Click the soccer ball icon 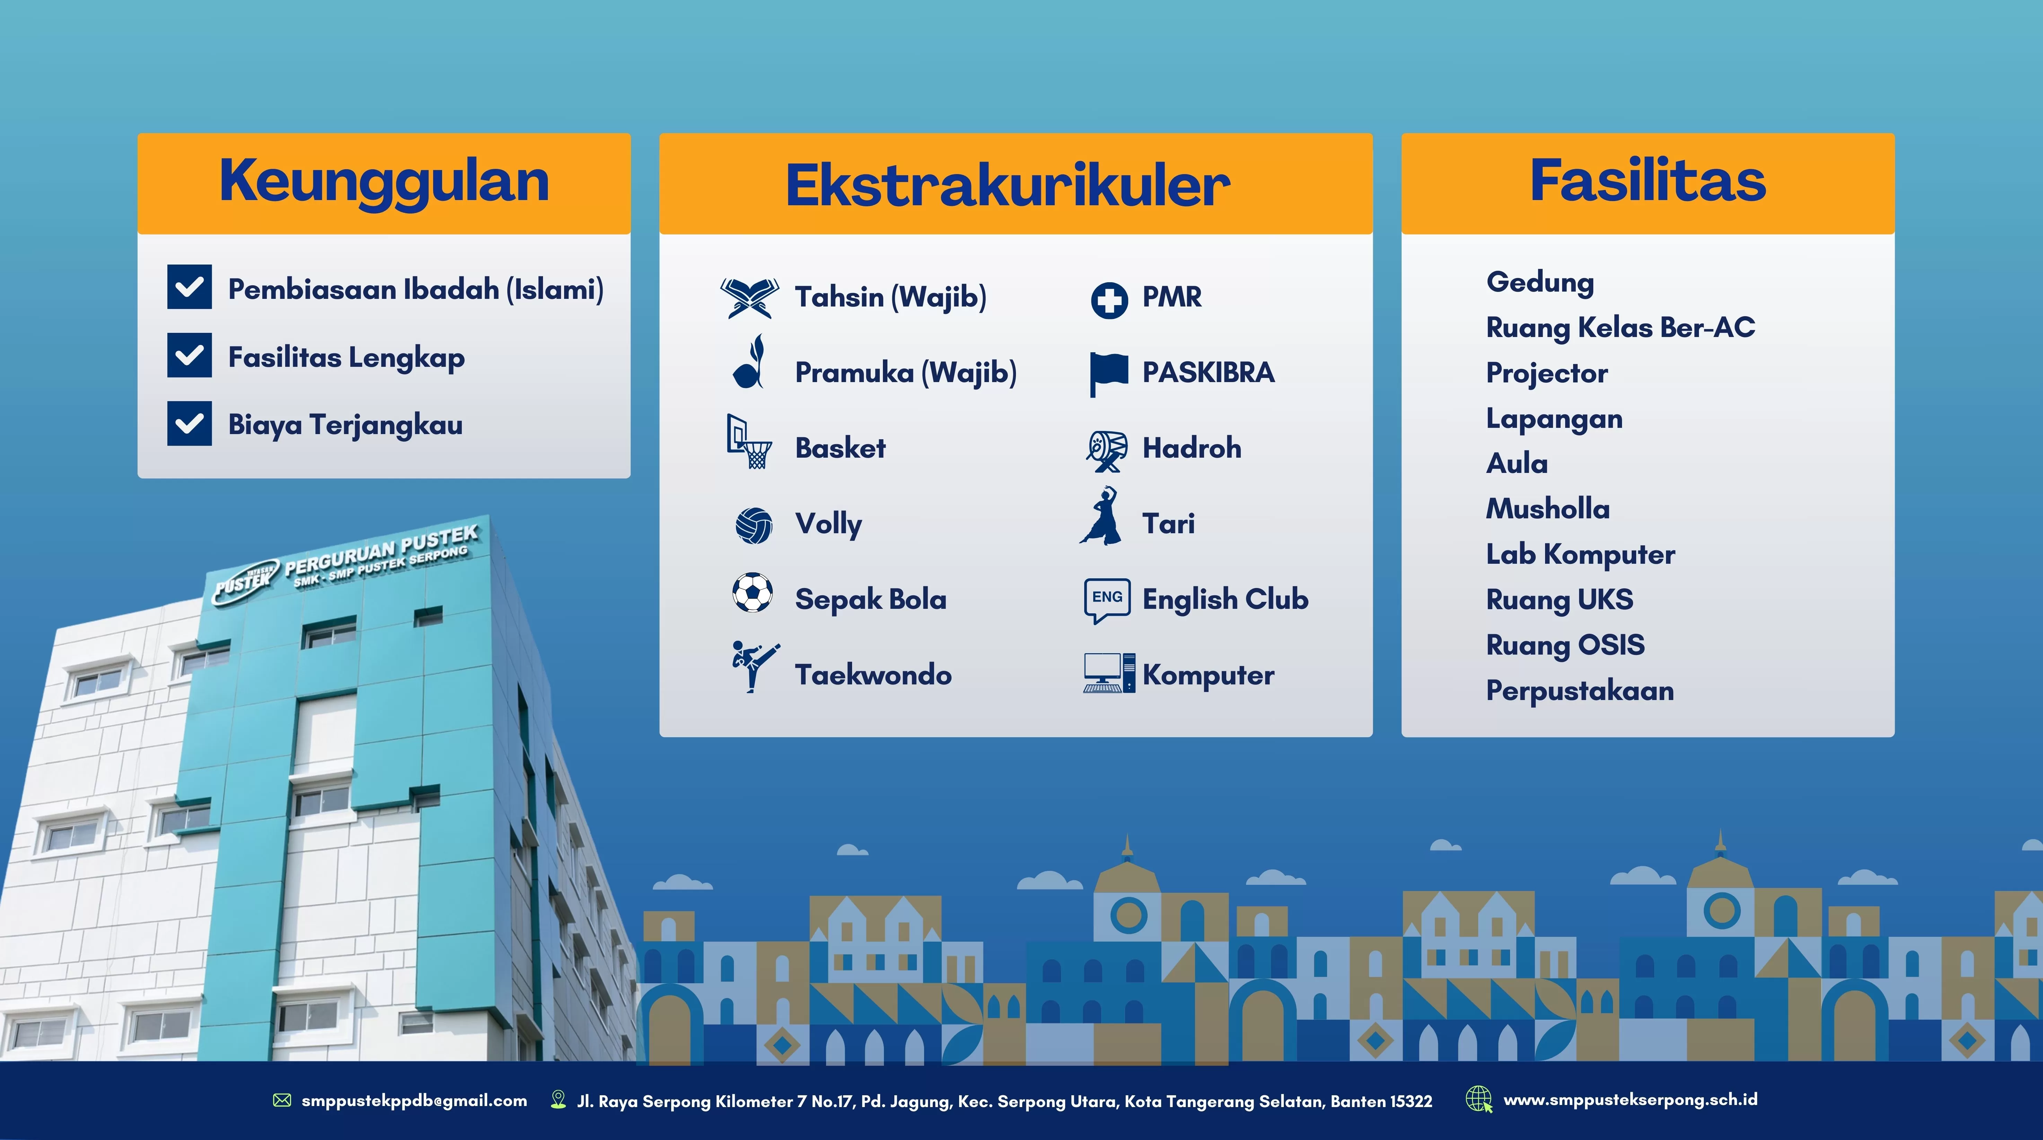(x=753, y=593)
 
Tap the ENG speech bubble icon (x=1107, y=600)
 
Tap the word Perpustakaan (x=1580, y=691)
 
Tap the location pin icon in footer (x=558, y=1099)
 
